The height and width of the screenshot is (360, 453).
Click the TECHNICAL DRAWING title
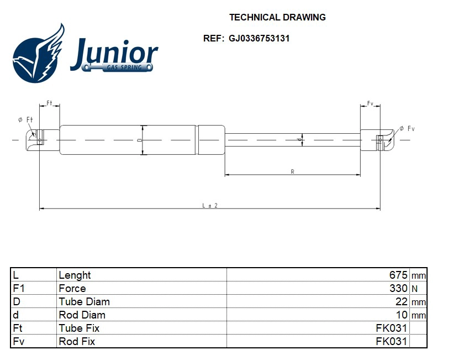(277, 17)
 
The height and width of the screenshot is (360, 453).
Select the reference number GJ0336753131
(259, 39)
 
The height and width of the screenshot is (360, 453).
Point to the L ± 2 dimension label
(209, 205)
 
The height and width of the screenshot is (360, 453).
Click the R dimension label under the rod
(292, 172)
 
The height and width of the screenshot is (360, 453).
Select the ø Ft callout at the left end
(25, 119)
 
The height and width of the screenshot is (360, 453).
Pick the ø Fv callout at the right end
(407, 128)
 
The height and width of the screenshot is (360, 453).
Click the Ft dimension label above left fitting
(49, 103)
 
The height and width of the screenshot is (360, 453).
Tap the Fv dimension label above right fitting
(370, 103)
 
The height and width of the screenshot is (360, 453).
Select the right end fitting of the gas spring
(378, 140)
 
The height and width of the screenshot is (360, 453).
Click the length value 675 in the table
(398, 275)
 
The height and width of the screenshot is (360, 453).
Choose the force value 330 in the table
(398, 288)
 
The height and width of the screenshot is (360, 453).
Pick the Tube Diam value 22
(402, 301)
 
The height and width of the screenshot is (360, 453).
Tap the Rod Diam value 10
(402, 315)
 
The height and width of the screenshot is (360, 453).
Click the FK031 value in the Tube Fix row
(391, 328)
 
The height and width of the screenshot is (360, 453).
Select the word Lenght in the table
(75, 275)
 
